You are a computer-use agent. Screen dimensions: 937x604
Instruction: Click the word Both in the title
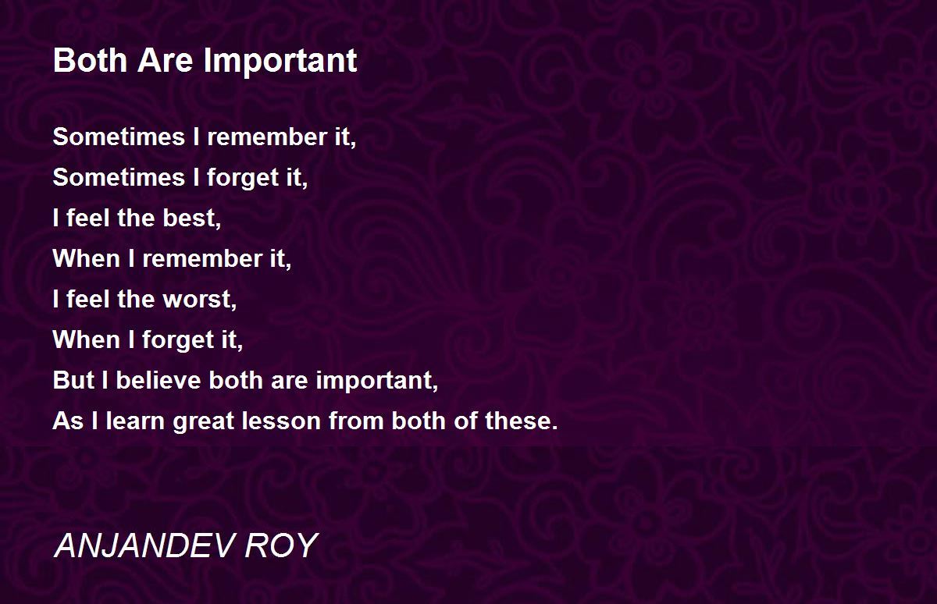91,60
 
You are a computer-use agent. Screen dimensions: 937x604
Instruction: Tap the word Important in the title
280,62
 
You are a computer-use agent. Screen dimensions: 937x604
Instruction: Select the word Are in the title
166,60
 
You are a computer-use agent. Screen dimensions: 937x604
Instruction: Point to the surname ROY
281,545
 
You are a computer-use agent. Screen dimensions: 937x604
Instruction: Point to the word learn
135,421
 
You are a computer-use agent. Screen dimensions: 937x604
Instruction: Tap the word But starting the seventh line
73,380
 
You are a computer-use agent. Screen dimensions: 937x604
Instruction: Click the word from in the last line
356,421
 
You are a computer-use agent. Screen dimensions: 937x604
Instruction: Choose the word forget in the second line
243,179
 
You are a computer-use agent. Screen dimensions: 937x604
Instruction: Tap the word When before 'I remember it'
87,258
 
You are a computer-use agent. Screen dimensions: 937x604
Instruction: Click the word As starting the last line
68,421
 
